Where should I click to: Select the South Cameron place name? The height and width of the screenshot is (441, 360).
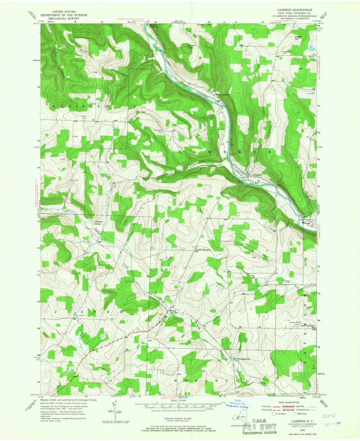pos(203,249)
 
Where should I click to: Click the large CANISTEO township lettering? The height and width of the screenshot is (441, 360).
pos(80,106)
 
